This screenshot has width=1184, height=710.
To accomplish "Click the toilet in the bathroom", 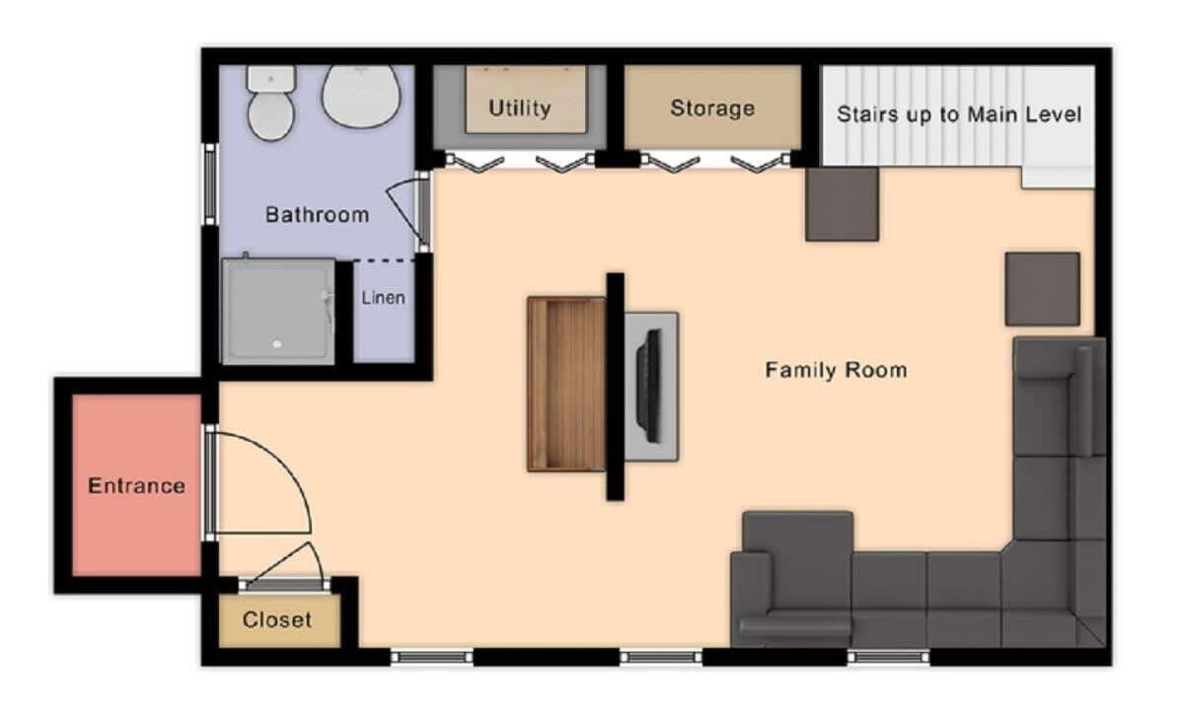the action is [270, 103].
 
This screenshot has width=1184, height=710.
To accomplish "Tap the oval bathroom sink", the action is [361, 96].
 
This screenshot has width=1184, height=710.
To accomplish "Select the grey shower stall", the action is [278, 312].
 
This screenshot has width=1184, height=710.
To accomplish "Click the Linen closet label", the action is [383, 298].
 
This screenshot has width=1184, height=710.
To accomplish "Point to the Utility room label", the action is [520, 108].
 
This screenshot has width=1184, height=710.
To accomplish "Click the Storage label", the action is [712, 108].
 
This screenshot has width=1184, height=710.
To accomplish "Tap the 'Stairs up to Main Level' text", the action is [959, 114].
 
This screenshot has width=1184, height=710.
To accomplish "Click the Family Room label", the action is [837, 370].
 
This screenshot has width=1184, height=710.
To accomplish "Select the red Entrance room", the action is [136, 485].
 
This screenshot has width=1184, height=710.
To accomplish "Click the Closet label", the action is [277, 619].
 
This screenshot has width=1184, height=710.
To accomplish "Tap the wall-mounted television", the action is [650, 386].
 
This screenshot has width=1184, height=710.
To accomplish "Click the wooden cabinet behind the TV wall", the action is [566, 384].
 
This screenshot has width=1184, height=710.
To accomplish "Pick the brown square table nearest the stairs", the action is [842, 204].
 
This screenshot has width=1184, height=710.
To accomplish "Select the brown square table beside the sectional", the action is [1042, 289].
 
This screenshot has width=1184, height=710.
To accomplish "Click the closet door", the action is [285, 584].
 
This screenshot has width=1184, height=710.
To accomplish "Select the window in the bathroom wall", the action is [210, 183].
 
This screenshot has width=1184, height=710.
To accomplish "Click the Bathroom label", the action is [317, 215].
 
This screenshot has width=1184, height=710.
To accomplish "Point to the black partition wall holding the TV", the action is [616, 387].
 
